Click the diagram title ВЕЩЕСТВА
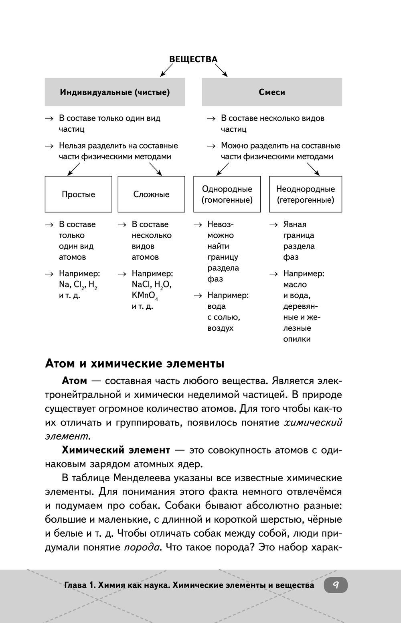pyautogui.click(x=193, y=59)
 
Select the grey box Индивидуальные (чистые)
pyautogui.click(x=115, y=92)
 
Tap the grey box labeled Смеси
pyautogui.click(x=271, y=92)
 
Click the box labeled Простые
pyautogui.click(x=78, y=194)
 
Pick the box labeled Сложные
pyautogui.click(x=151, y=194)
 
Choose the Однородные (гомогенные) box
pyautogui.click(x=227, y=194)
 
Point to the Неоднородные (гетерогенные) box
pyautogui.click(x=305, y=194)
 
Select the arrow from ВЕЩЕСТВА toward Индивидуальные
pyautogui.click(x=166, y=71)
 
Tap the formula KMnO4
pyautogui.click(x=144, y=296)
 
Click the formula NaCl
pyautogui.click(x=142, y=285)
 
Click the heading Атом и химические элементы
pyautogui.click(x=135, y=364)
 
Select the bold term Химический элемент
pyautogui.click(x=116, y=450)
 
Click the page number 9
pyautogui.click(x=336, y=585)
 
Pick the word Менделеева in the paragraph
pyautogui.click(x=144, y=478)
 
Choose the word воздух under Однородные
pyautogui.click(x=220, y=328)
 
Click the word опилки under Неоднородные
pyautogui.click(x=297, y=339)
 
